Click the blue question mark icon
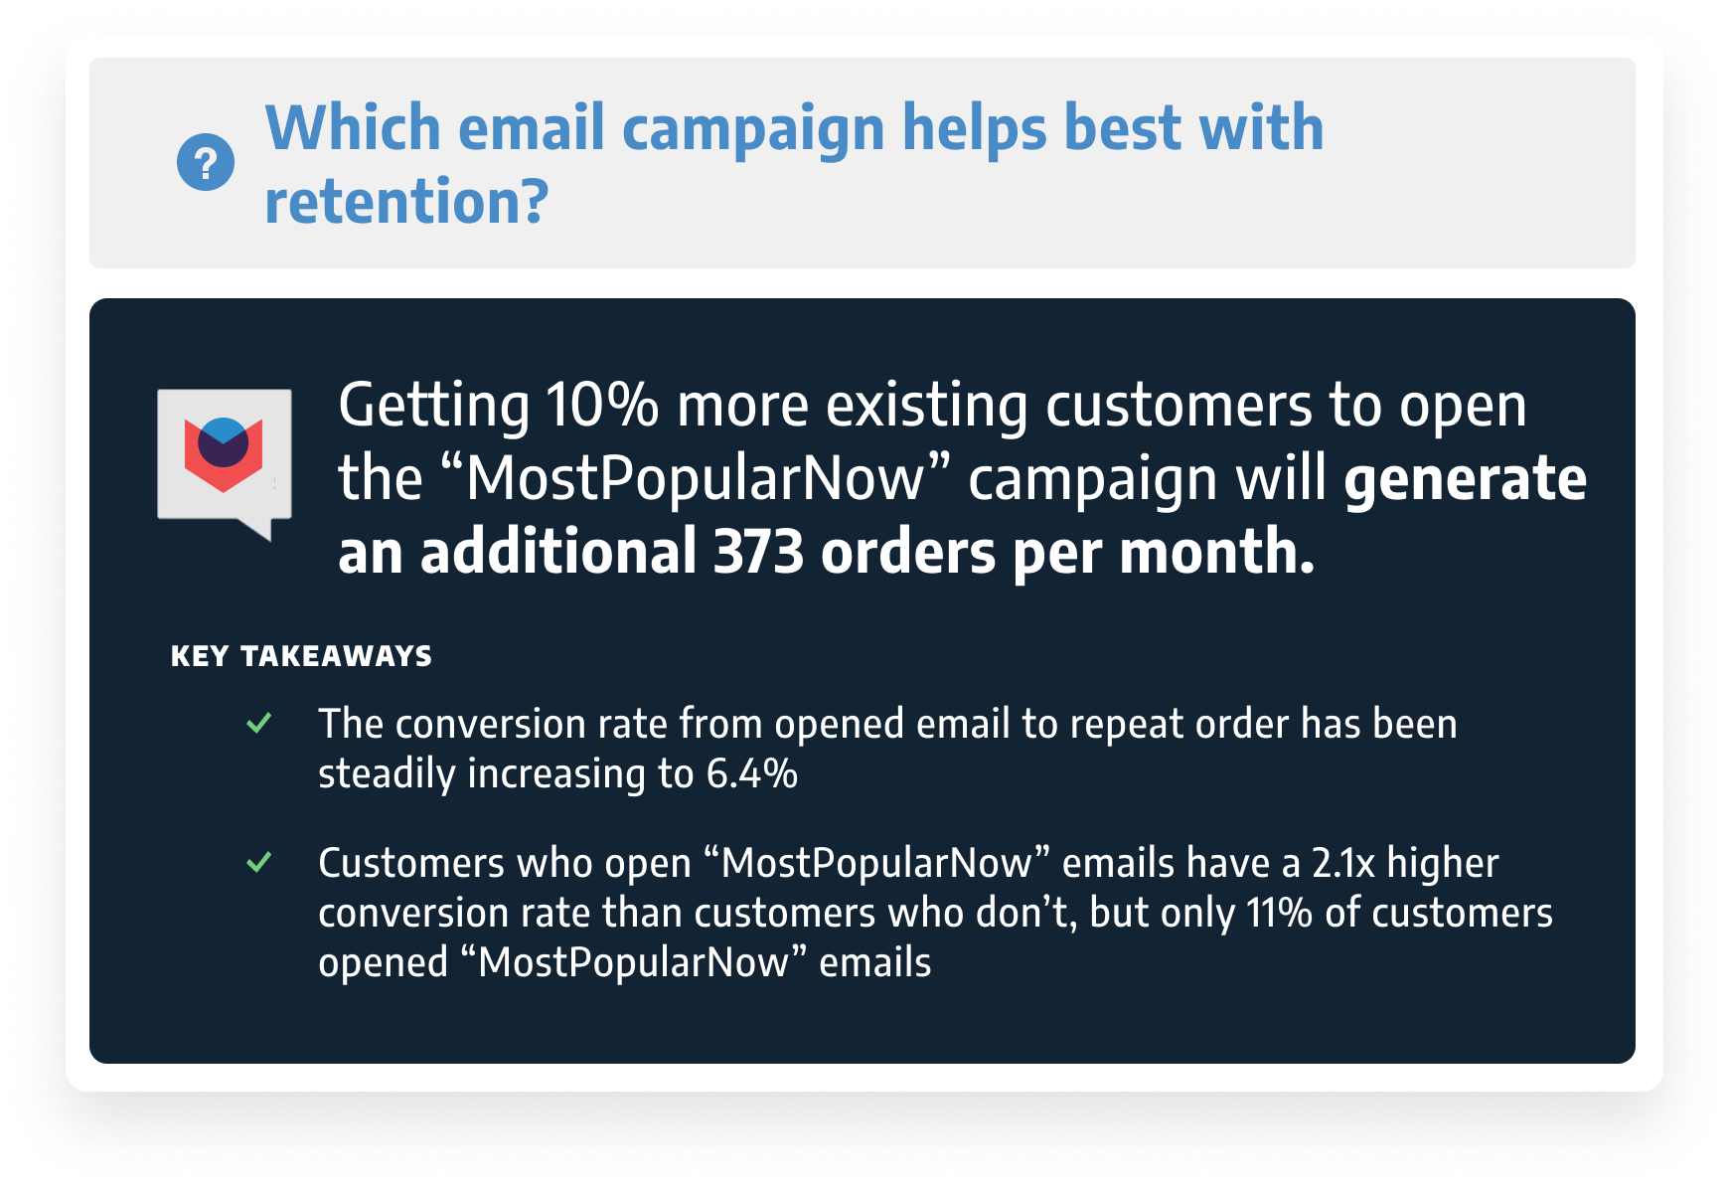point(206,162)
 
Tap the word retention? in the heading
point(406,202)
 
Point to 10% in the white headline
point(602,406)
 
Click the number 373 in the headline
point(758,552)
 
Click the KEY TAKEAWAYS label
point(301,656)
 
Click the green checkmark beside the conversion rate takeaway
point(259,723)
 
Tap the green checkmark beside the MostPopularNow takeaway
point(259,862)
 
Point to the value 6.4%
point(752,774)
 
